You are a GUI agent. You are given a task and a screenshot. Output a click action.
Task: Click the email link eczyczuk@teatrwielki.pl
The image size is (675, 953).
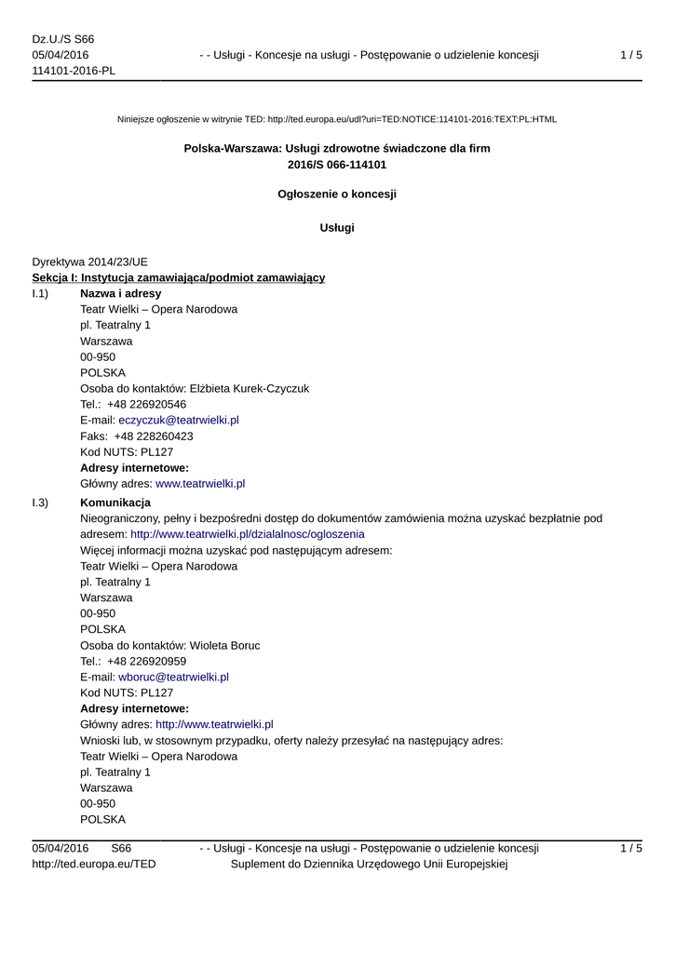click(179, 420)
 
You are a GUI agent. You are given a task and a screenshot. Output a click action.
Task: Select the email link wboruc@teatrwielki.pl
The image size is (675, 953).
click(173, 677)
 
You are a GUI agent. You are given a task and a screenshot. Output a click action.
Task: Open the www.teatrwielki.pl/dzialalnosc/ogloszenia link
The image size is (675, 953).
click(247, 534)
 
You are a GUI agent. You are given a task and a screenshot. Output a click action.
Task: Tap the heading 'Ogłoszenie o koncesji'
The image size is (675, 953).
click(337, 194)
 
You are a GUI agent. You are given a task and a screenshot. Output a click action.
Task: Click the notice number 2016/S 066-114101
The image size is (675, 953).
click(337, 165)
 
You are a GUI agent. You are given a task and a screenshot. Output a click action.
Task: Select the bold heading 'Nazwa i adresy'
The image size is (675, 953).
click(120, 293)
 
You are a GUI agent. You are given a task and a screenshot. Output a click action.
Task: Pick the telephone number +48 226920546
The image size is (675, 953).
click(146, 404)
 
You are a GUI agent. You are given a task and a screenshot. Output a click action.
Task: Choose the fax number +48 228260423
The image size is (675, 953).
click(154, 436)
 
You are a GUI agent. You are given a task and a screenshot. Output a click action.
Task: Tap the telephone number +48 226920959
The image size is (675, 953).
click(146, 661)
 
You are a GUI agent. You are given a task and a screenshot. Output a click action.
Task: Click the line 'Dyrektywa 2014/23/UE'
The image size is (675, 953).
click(89, 262)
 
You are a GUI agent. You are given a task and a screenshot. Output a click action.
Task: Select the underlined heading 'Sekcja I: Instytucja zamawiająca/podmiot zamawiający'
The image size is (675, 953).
click(179, 277)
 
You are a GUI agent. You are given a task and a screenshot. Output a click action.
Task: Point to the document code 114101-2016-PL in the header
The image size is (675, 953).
click(74, 71)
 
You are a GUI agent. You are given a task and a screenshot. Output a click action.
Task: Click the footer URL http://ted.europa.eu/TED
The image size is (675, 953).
click(94, 864)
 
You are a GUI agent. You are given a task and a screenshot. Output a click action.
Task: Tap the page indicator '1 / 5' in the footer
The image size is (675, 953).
click(630, 848)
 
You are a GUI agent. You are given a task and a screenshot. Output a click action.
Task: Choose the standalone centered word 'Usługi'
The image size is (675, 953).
click(337, 227)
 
